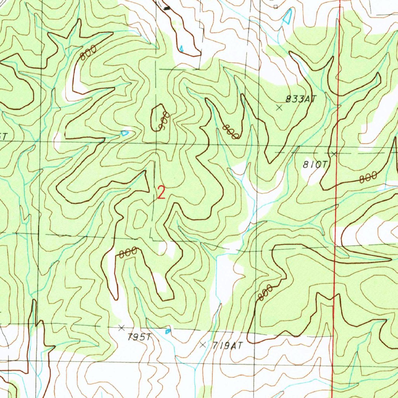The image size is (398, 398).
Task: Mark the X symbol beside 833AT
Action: pos(279,108)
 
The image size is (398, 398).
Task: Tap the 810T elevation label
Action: pos(314,165)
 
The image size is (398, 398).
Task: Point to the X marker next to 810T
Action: pos(334,154)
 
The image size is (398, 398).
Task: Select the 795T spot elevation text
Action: pos(139,337)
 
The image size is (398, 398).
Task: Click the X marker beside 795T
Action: pos(122,328)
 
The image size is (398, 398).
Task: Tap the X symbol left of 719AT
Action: pos(202,344)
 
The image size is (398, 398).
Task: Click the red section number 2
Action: pos(161,192)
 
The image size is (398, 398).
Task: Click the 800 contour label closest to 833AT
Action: pos(230,132)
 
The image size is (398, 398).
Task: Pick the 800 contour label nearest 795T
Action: pos(128,253)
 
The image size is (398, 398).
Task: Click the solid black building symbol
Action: pos(167,8)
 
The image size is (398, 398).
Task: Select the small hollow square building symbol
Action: pos(276,7)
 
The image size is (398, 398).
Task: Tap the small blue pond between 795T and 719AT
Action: pos(168,331)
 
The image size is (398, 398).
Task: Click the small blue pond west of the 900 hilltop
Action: pos(124,133)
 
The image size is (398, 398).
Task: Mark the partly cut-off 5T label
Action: pos(3,136)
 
